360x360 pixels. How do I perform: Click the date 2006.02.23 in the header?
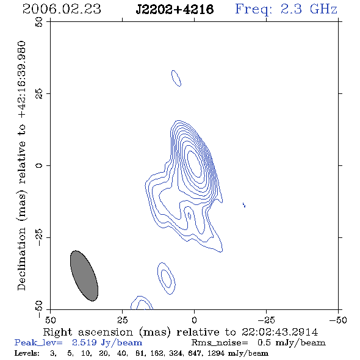click(62, 9)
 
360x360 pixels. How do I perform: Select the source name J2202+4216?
click(175, 9)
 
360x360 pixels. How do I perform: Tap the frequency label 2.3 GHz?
click(309, 9)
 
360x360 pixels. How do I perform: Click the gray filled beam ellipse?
click(84, 276)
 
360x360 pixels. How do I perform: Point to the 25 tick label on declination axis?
click(39, 94)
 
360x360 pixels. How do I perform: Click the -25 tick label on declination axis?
click(39, 237)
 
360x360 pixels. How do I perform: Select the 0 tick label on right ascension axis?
click(194, 320)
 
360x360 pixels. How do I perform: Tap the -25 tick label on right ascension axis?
click(266, 320)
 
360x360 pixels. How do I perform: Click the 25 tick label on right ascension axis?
click(122, 320)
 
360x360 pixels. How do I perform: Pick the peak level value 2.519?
click(84, 342)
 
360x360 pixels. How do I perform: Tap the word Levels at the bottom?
click(26, 353)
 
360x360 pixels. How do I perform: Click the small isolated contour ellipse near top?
click(176, 78)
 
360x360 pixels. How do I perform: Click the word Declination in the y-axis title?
click(21, 259)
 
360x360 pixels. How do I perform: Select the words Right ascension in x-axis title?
click(88, 332)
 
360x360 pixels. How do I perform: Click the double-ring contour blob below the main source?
click(167, 278)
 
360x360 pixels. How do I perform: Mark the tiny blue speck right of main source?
click(244, 204)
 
